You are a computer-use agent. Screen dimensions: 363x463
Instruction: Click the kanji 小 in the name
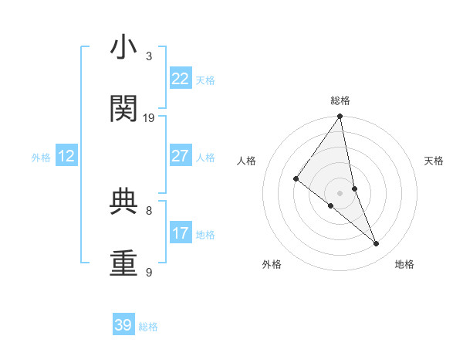pyautogui.click(x=124, y=49)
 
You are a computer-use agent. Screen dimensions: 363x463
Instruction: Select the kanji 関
pyautogui.click(x=124, y=109)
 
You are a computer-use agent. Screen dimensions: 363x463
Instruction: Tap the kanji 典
pyautogui.click(x=124, y=202)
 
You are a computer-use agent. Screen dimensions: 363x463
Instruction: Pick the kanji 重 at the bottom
pyautogui.click(x=124, y=263)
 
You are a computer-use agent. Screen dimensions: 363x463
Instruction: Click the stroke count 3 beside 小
pyautogui.click(x=149, y=56)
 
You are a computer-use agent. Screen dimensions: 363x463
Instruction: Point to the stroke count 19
pyautogui.click(x=149, y=118)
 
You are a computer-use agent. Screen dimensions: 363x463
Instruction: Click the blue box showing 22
pyautogui.click(x=181, y=79)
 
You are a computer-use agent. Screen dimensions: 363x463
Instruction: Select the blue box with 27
pyautogui.click(x=181, y=156)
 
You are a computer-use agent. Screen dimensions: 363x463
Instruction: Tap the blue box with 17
pyautogui.click(x=181, y=233)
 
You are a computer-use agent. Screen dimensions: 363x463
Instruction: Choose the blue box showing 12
pyautogui.click(x=66, y=156)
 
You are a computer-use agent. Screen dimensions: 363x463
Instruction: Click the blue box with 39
pyautogui.click(x=123, y=325)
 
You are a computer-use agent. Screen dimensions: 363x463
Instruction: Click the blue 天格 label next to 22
pyautogui.click(x=205, y=80)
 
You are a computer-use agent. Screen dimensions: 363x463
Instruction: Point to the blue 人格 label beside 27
pyautogui.click(x=205, y=158)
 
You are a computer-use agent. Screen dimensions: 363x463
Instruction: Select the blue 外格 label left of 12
pyautogui.click(x=41, y=158)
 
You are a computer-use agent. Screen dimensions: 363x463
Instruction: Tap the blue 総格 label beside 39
pyautogui.click(x=148, y=327)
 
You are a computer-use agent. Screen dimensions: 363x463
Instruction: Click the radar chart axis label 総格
pyautogui.click(x=340, y=100)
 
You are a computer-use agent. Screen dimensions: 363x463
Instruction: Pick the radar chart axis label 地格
pyautogui.click(x=404, y=265)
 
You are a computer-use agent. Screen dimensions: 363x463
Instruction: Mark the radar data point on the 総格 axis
pyautogui.click(x=340, y=117)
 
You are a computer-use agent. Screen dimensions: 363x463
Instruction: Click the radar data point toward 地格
pyautogui.click(x=377, y=243)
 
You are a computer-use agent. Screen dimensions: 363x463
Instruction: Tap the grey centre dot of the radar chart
pyautogui.click(x=340, y=192)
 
